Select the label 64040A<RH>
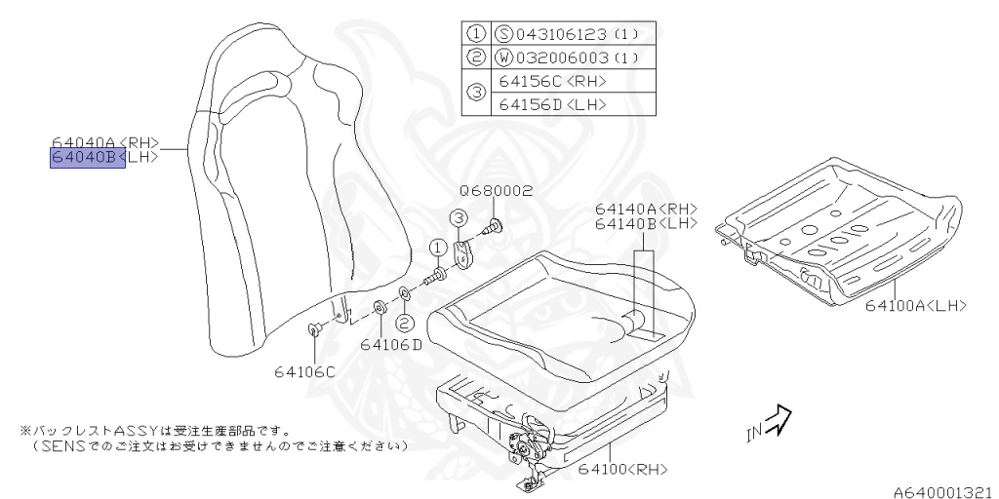[104, 141]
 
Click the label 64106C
[303, 371]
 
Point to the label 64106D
[390, 344]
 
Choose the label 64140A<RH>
[647, 209]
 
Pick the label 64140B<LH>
[647, 223]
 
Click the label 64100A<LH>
[915, 306]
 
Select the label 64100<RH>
[621, 469]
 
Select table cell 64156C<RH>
[552, 81]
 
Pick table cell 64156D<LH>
[552, 104]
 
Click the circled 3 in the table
[476, 93]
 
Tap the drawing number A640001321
[940, 491]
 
